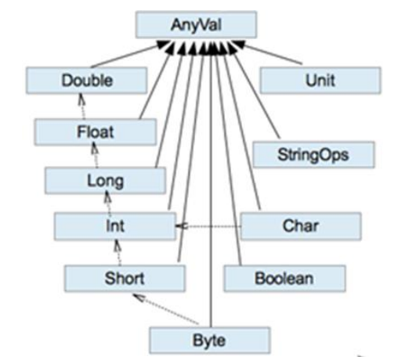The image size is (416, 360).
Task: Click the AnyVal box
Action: click(x=196, y=25)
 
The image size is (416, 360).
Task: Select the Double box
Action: click(x=86, y=81)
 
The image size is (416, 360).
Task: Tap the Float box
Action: click(x=96, y=132)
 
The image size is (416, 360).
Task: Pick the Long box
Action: click(x=105, y=181)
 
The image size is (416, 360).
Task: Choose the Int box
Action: click(x=115, y=226)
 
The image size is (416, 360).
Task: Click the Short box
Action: click(x=125, y=279)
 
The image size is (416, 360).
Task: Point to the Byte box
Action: click(x=210, y=340)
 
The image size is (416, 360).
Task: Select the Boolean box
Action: click(x=284, y=279)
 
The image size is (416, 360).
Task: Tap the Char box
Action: click(x=301, y=226)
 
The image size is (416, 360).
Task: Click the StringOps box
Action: click(x=313, y=154)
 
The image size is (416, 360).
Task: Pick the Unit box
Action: click(x=320, y=81)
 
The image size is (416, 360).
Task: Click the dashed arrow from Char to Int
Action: click(x=208, y=226)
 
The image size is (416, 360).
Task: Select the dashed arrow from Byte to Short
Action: click(x=165, y=309)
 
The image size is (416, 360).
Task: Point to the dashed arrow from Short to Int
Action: click(x=118, y=252)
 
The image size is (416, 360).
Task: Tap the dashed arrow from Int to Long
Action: click(x=108, y=203)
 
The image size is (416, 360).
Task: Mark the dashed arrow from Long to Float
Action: click(x=96, y=156)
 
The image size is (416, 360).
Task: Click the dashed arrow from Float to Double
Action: click(x=82, y=106)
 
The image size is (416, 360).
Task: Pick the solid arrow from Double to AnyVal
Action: click(x=130, y=54)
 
